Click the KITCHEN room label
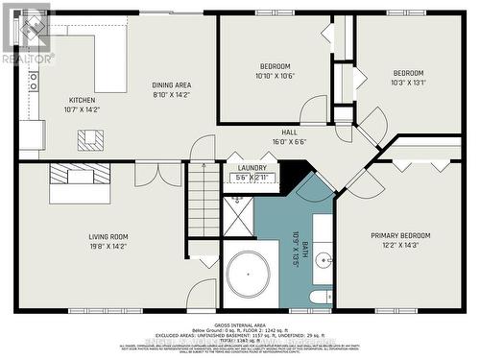pos(82,100)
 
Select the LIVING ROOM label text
pos(108,236)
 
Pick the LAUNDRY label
pos(252,168)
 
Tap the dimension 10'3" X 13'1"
pos(408,83)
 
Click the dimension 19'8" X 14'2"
pos(108,247)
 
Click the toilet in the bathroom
pos(321,299)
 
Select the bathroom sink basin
pos(324,258)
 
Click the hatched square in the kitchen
pos(90,140)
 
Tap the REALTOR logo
pos(27,35)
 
